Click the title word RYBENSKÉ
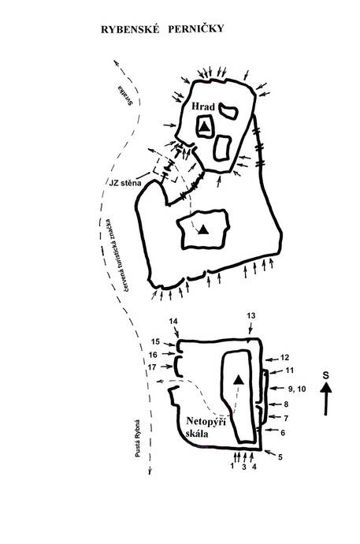130,29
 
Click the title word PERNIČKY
196,29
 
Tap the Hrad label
203,106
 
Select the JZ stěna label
125,182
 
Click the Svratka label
124,95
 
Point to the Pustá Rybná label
138,438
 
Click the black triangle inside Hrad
205,127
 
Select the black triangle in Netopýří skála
238,380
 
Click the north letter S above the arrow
325,375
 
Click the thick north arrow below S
325,398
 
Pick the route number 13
251,315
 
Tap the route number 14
173,321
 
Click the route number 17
152,367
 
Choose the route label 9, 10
297,389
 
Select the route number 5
280,457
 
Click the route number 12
284,357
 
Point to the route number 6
283,433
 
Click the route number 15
155,341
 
